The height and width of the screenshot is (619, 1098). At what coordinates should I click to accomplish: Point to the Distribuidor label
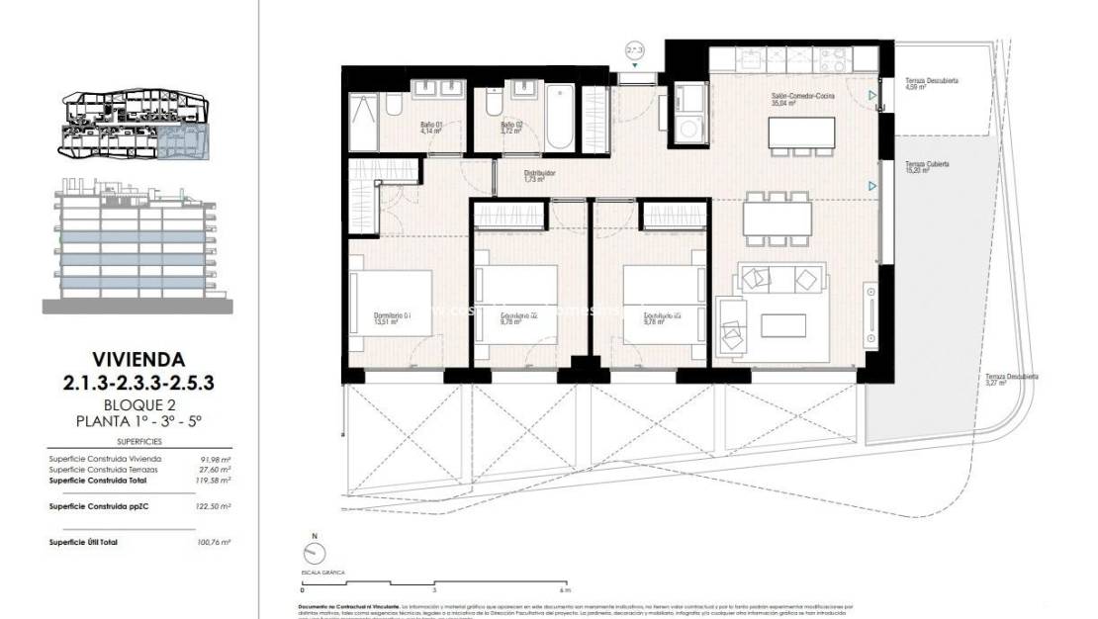point(539,175)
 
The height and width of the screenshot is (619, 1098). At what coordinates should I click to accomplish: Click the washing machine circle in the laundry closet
point(686,127)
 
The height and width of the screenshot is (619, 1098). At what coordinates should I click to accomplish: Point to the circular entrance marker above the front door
point(635,47)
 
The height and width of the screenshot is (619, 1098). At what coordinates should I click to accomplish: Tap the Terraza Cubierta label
point(926,166)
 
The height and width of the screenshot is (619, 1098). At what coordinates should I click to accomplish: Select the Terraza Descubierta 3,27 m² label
point(1011,380)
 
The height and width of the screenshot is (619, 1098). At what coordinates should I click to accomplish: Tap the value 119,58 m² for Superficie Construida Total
point(214,480)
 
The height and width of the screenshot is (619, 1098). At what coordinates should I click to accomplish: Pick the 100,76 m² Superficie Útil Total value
point(214,543)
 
